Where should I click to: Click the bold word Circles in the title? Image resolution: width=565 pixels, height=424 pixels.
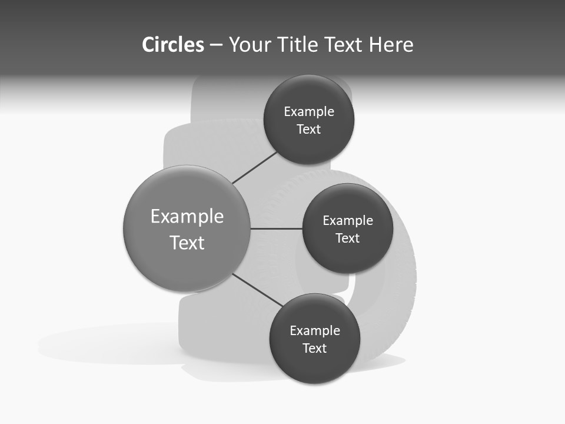click(x=172, y=45)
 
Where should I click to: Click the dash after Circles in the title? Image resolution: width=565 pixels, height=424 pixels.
click(x=216, y=45)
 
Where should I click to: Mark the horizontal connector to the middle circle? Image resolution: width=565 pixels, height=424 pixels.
click(x=277, y=228)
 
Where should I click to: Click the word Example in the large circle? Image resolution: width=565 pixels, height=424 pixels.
click(x=187, y=217)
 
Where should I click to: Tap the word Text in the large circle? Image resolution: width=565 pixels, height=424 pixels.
click(x=187, y=243)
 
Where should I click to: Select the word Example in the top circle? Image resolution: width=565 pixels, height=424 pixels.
click(x=309, y=112)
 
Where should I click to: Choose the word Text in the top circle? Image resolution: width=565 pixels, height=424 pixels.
click(x=308, y=130)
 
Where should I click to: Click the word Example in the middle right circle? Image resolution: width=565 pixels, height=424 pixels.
click(x=348, y=221)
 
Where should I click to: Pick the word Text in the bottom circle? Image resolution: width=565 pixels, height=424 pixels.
click(x=314, y=348)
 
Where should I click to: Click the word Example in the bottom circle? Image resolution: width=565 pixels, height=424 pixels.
click(x=315, y=331)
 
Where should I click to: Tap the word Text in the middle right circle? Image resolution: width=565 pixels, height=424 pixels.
click(x=347, y=238)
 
